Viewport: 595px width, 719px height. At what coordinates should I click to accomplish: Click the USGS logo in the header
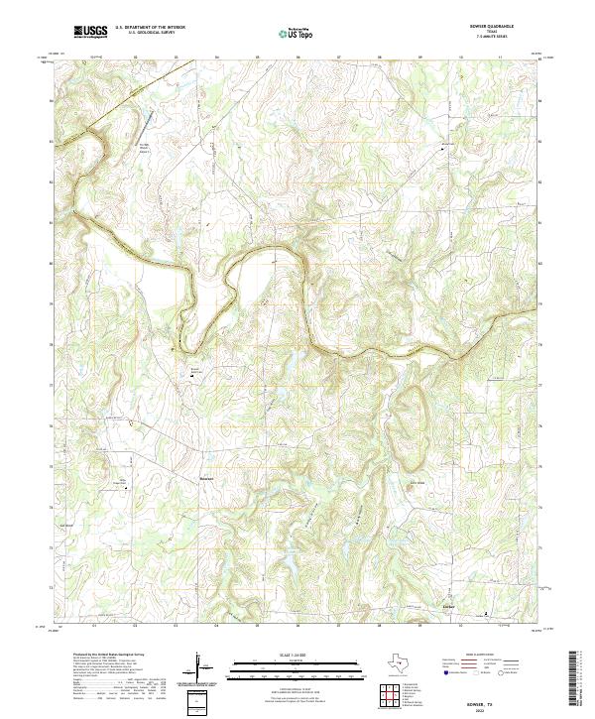90,32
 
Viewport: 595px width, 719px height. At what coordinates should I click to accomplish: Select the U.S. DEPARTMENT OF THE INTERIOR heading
148,28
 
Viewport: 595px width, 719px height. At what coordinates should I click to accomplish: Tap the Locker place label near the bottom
448,602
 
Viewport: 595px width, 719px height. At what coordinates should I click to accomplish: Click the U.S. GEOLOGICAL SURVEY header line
148,34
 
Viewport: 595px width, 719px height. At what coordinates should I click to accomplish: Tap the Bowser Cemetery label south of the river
195,369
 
